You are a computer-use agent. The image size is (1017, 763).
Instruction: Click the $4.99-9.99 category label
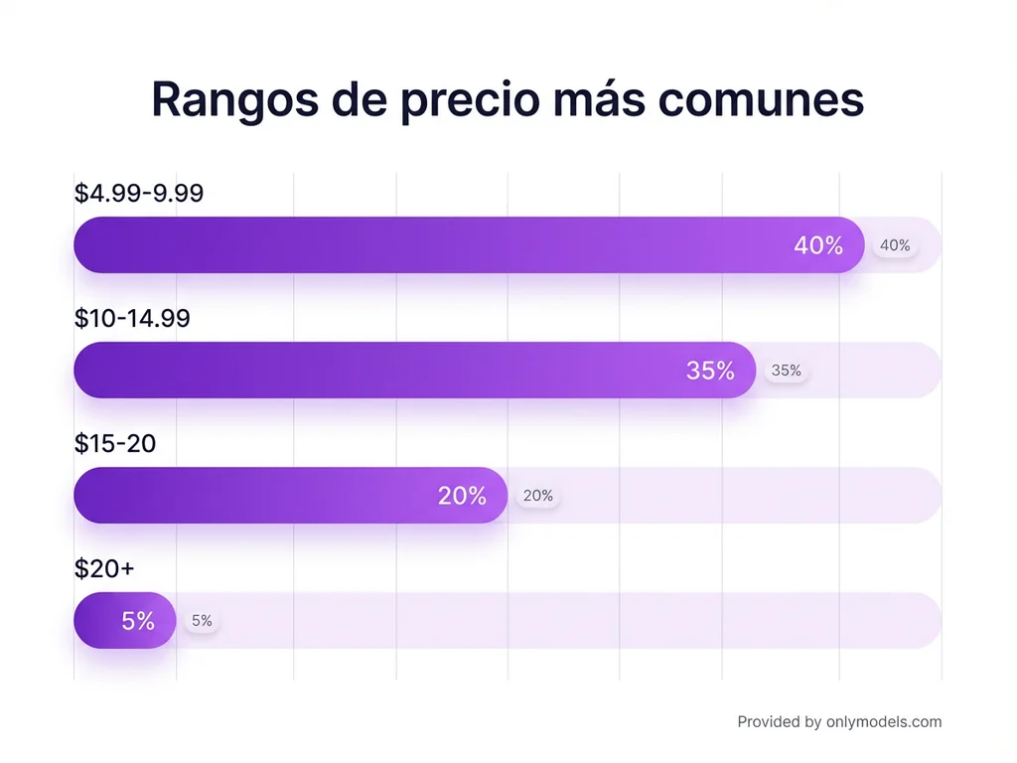139,193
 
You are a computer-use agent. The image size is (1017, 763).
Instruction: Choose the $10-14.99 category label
132,318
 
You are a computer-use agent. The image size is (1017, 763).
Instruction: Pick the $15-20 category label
115,443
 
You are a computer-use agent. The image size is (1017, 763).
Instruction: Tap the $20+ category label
103,568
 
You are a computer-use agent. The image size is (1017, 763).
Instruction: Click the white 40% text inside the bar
817,245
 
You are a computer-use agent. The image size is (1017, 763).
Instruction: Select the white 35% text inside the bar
710,371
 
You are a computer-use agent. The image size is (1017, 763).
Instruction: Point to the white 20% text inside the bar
462,496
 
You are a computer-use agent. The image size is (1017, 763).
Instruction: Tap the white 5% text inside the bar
138,621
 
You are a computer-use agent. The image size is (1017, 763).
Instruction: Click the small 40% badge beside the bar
895,245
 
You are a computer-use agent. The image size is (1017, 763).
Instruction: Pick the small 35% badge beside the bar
786,371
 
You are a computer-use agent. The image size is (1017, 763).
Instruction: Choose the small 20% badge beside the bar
538,496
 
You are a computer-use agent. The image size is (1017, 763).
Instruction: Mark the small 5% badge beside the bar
202,621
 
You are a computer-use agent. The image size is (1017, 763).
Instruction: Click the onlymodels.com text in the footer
883,722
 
